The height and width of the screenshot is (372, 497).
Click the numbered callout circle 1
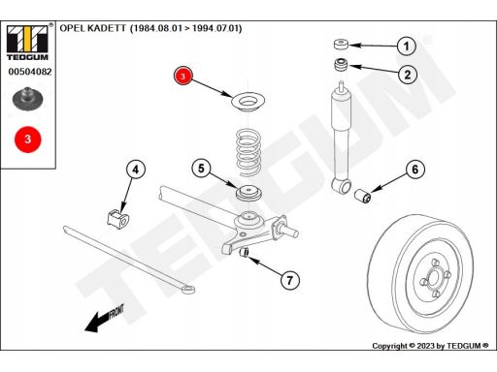(x=407, y=46)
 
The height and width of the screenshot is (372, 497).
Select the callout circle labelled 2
(x=408, y=75)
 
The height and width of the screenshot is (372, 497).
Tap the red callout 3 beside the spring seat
(x=183, y=77)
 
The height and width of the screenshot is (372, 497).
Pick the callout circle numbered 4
(x=136, y=170)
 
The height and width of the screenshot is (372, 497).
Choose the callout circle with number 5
(x=201, y=169)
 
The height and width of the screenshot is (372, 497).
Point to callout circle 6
(x=415, y=170)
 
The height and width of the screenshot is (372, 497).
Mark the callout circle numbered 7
(x=289, y=280)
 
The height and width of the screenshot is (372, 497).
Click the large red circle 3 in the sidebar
(x=28, y=139)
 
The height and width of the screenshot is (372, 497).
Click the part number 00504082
(x=30, y=72)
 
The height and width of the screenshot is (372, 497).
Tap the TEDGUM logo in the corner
(x=27, y=43)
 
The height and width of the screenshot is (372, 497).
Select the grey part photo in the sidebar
(x=27, y=99)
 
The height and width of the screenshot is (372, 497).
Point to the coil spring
(x=248, y=152)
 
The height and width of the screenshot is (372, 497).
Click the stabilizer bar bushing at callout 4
(x=117, y=219)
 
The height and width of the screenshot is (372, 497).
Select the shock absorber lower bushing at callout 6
(x=364, y=196)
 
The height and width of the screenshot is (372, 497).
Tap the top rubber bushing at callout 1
(x=341, y=44)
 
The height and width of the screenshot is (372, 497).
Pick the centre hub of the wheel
(x=434, y=277)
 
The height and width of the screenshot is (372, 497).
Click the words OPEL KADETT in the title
(x=92, y=28)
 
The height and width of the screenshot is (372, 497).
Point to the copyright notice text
(x=430, y=346)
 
